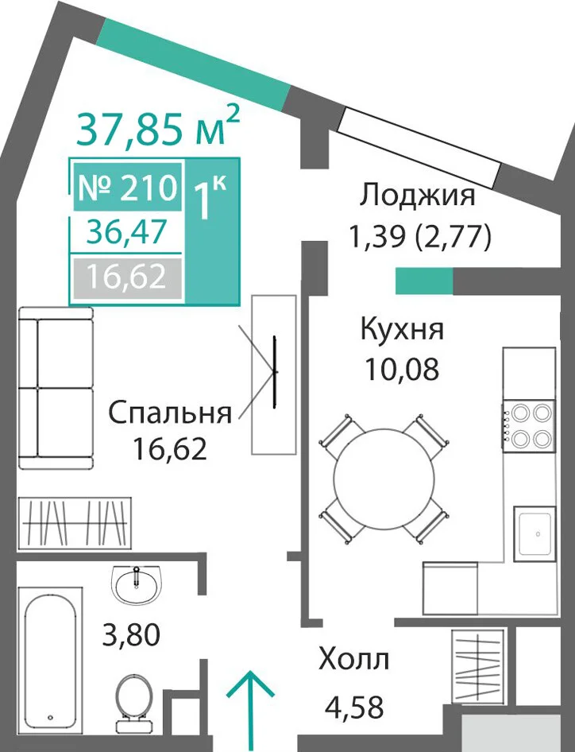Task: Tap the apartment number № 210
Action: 127,187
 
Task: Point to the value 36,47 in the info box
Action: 125,231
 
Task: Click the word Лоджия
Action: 418,196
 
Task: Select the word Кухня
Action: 402,330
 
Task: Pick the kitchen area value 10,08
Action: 402,370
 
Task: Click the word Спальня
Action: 170,413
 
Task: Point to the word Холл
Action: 353,660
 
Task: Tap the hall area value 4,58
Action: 354,707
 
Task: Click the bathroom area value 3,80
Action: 131,634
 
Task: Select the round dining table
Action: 384,479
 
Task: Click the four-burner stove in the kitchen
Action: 528,425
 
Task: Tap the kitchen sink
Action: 535,533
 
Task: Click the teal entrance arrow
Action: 250,711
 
